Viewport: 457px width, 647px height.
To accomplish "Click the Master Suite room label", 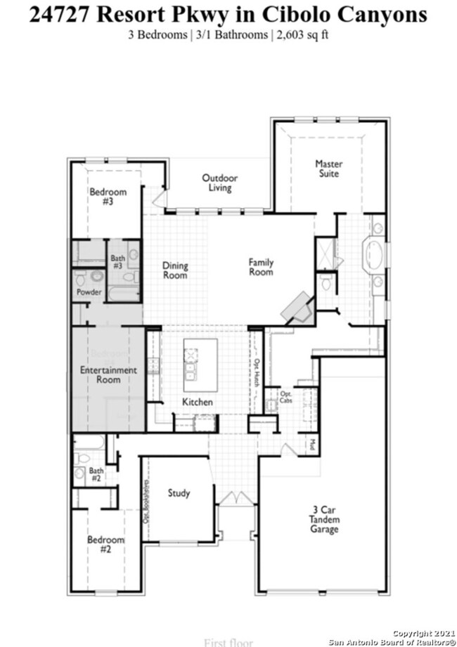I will tap(328, 169).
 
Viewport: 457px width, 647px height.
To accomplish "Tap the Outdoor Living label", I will tap(220, 183).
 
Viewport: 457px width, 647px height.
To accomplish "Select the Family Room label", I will tap(261, 267).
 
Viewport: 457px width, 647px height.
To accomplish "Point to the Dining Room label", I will tap(175, 270).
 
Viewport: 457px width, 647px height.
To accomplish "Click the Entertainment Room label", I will tap(108, 375).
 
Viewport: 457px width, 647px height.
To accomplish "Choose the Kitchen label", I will tap(198, 402).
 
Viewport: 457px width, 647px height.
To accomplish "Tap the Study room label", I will tap(179, 493).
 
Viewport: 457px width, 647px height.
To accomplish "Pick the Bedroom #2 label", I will tap(105, 544).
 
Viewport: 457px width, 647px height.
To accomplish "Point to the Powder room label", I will tap(89, 292).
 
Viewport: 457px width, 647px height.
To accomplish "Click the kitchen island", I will tap(200, 364).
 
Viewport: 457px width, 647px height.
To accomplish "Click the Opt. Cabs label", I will tap(287, 398).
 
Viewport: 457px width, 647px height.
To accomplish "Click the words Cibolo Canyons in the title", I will tap(351, 15).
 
